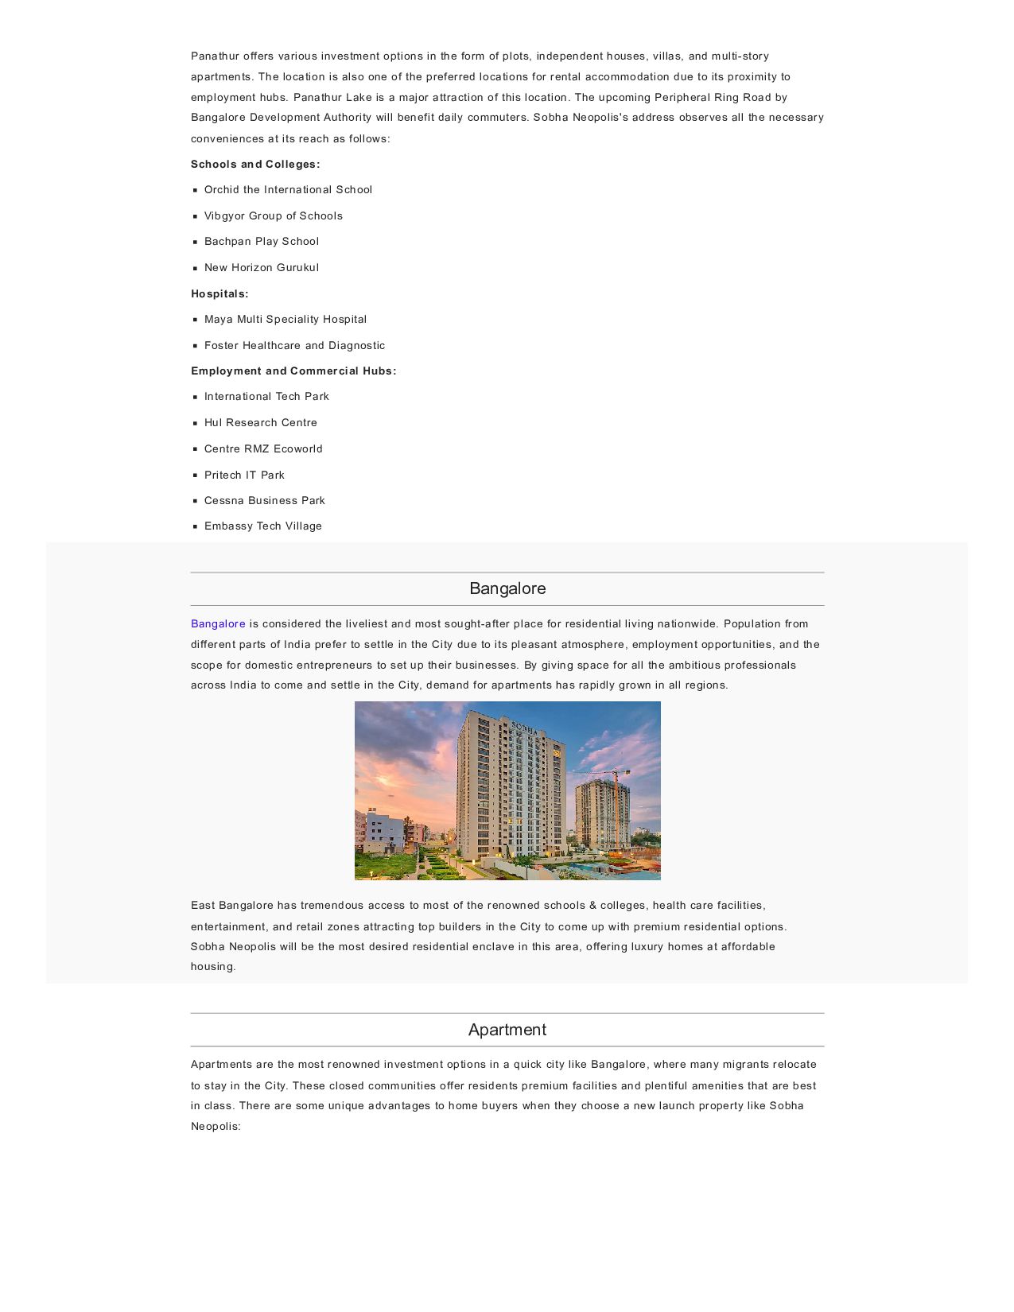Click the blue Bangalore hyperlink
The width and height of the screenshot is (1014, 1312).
tap(218, 624)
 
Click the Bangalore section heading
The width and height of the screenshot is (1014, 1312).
tap(507, 589)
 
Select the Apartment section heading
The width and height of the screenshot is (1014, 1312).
tap(507, 1031)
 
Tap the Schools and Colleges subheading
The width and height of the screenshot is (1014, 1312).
tap(255, 165)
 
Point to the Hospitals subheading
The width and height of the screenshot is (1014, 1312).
tap(220, 294)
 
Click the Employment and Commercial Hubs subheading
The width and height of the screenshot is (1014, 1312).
tap(293, 371)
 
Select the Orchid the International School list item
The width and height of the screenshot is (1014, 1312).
tap(288, 190)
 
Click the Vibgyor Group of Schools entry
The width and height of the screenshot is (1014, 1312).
tap(273, 216)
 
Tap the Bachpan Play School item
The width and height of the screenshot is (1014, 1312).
tap(262, 242)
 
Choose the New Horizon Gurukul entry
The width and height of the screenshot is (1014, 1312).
tap(262, 268)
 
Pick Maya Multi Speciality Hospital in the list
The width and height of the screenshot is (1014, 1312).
tap(286, 320)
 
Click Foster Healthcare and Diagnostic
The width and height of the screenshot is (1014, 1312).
tap(294, 346)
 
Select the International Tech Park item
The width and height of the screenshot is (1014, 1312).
tap(266, 397)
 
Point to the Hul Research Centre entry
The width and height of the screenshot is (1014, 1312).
tap(261, 423)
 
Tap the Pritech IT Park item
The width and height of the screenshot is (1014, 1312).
tap(244, 476)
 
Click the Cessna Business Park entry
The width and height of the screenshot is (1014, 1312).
tap(265, 501)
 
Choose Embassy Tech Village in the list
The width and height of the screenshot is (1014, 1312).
tap(263, 526)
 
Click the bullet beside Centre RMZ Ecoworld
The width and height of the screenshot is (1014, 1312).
tap(195, 449)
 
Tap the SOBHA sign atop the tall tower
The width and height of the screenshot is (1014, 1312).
tap(524, 727)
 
